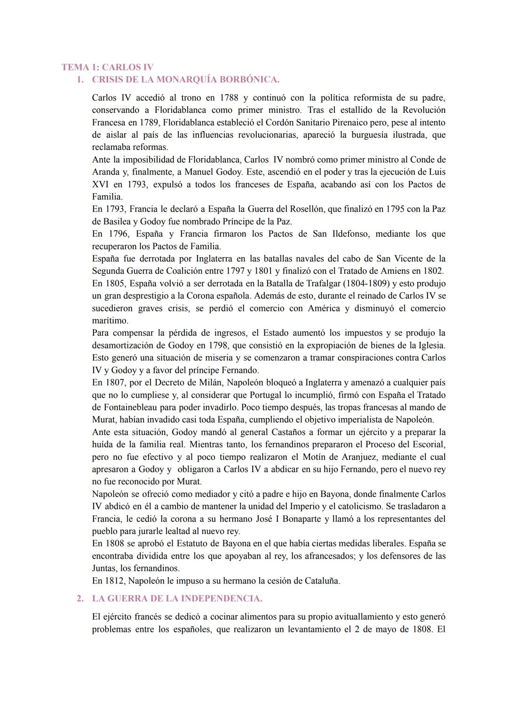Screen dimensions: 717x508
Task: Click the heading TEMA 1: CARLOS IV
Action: [107, 67]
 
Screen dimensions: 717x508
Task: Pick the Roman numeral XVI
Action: [100, 184]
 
